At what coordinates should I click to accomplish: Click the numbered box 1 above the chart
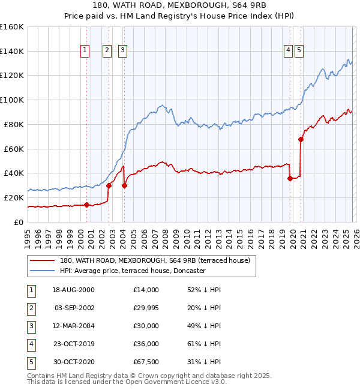(x=85, y=51)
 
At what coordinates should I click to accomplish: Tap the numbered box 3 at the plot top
(x=122, y=51)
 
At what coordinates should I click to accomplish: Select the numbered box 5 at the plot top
(x=299, y=51)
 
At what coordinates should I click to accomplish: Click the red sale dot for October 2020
(x=301, y=140)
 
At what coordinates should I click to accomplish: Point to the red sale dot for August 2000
(x=86, y=205)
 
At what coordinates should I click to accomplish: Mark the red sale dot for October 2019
(x=290, y=178)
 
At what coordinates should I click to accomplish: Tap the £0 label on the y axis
(x=18, y=222)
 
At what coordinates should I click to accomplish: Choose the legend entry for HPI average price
(x=133, y=271)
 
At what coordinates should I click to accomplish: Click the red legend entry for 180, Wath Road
(x=158, y=260)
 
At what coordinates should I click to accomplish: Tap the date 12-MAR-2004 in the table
(x=73, y=326)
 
